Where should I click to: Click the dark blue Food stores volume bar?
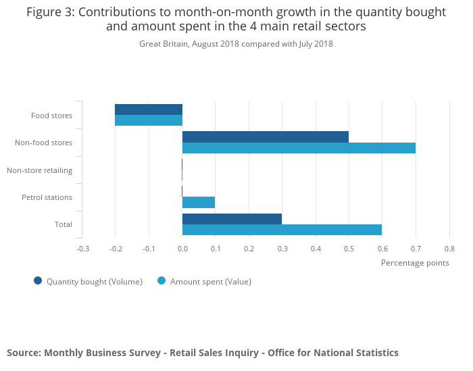point(149,109)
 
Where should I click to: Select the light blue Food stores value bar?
point(149,120)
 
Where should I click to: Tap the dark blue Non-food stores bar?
point(266,137)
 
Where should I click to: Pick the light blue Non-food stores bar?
point(299,148)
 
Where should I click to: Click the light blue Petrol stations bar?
point(199,202)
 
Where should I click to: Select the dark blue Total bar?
point(232,218)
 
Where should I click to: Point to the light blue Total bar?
point(282,230)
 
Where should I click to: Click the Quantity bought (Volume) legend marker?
point(38,281)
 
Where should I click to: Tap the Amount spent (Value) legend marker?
point(161,281)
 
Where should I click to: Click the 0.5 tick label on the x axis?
point(349,249)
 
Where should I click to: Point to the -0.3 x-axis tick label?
point(82,249)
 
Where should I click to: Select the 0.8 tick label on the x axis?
point(449,249)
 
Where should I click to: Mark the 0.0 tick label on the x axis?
point(182,249)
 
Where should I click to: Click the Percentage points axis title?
point(415,263)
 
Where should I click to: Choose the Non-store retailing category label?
point(39,170)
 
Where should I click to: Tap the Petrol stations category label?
point(47,197)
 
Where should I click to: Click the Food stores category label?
point(51,116)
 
